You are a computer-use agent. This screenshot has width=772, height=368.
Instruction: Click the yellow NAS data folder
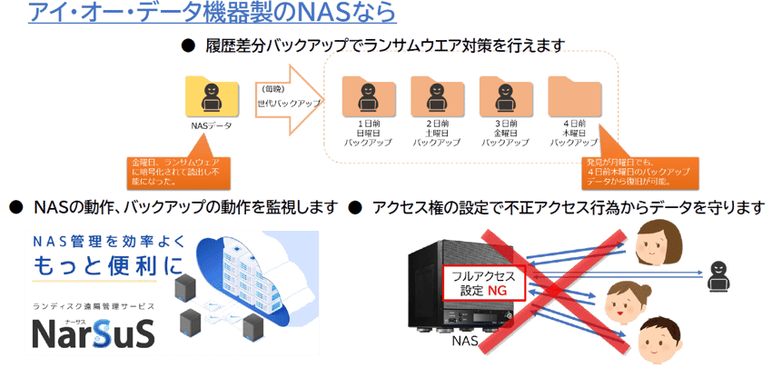click(210, 97)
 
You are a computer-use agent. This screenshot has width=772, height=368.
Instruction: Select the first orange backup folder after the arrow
click(367, 98)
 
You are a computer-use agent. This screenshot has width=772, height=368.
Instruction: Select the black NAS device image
click(454, 282)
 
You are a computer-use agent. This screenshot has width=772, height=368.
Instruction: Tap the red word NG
click(496, 290)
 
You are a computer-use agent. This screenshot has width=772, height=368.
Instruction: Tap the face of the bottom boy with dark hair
click(658, 337)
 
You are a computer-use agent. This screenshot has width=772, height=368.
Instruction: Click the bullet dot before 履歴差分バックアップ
click(189, 45)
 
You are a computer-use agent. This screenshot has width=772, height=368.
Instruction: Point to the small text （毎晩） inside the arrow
click(272, 89)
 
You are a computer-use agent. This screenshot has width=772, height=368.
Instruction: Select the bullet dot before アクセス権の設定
click(356, 208)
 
